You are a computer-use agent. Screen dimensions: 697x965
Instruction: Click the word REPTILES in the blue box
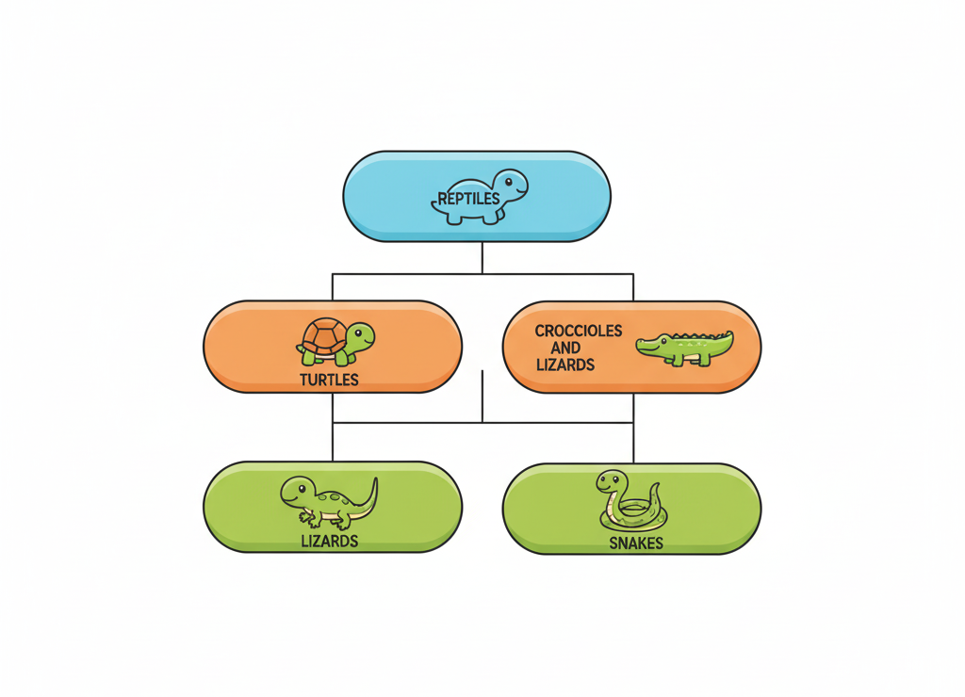click(x=468, y=199)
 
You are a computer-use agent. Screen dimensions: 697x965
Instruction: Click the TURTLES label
click(x=329, y=381)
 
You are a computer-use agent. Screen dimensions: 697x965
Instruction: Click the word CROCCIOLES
click(x=579, y=332)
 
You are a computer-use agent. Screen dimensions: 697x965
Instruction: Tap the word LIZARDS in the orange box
click(x=565, y=365)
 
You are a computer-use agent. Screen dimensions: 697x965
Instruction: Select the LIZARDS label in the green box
click(x=329, y=541)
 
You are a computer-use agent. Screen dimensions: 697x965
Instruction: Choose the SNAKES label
click(x=635, y=543)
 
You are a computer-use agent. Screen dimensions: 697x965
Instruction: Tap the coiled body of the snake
click(x=631, y=514)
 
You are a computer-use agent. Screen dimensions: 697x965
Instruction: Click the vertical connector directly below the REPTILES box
click(x=482, y=257)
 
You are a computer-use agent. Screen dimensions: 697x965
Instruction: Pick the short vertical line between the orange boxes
click(x=482, y=396)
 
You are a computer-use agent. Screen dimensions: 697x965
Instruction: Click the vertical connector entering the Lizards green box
click(x=333, y=443)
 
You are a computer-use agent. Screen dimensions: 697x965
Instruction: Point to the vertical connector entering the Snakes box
click(x=632, y=443)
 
